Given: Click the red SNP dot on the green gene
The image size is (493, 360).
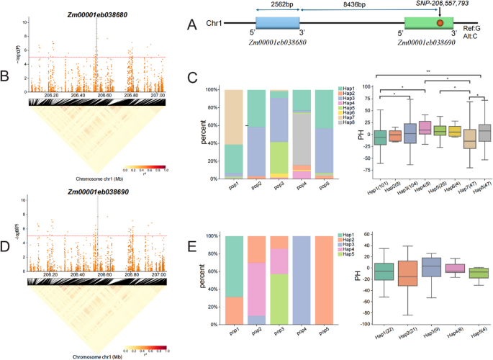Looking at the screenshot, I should click(x=440, y=24).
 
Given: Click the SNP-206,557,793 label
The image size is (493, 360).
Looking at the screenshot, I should click(x=443, y=4).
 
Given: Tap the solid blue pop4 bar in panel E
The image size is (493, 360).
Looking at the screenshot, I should click(x=302, y=277).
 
